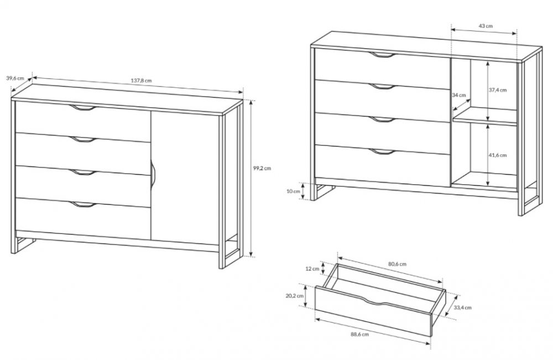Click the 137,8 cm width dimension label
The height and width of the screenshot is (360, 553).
(142, 80)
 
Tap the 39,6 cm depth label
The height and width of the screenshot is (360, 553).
(15, 79)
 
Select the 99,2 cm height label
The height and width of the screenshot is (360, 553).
(262, 168)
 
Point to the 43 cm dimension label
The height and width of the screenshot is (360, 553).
(486, 26)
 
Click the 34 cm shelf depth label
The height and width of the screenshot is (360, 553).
(459, 95)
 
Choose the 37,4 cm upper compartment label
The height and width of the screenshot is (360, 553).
(497, 90)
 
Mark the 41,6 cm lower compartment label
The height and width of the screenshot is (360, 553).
(497, 155)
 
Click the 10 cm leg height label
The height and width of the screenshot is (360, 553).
(294, 191)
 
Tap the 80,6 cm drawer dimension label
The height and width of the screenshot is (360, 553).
(397, 264)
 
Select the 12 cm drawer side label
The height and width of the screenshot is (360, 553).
(312, 269)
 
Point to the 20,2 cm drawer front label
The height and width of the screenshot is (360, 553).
(295, 296)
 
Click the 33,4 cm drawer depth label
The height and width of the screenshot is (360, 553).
(462, 307)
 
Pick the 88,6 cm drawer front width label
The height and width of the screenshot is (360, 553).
(360, 334)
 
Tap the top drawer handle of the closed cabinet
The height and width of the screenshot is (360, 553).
(82, 108)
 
